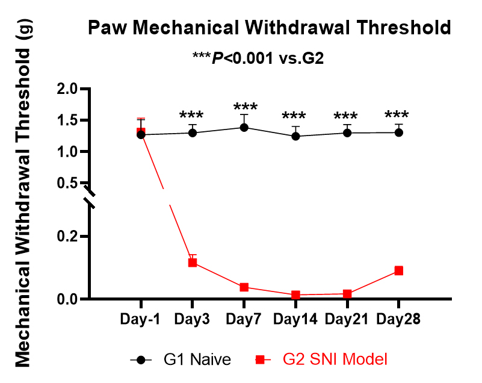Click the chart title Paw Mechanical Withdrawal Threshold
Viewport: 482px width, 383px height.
pos(269,28)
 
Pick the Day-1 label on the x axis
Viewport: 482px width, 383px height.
pos(140,319)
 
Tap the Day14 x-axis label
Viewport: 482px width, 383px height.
pos(295,319)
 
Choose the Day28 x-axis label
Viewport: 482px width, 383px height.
pos(398,319)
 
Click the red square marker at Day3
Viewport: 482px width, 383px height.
pos(193,263)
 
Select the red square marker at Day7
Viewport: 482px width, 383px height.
pos(244,287)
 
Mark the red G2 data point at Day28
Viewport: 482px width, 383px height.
pos(398,271)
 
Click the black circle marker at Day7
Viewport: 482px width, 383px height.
pos(244,128)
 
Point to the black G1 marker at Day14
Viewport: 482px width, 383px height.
pos(295,136)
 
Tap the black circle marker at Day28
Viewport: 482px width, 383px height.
pos(398,132)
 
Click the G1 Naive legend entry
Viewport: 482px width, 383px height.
pos(181,360)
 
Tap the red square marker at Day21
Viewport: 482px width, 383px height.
pos(347,294)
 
